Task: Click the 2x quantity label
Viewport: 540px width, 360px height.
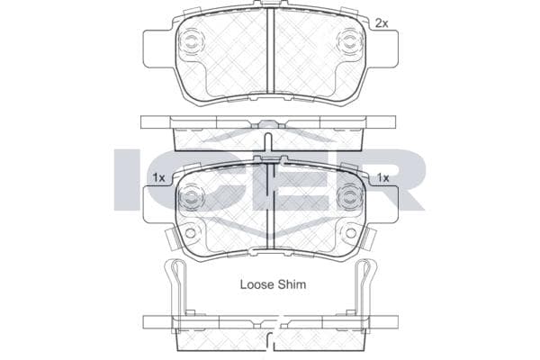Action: [382, 23]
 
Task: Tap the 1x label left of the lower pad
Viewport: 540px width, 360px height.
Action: [158, 178]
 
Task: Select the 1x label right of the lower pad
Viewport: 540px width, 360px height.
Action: [382, 178]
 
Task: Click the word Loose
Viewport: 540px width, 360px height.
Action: [254, 284]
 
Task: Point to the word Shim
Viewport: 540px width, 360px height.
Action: [292, 284]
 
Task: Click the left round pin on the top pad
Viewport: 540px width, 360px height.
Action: [190, 42]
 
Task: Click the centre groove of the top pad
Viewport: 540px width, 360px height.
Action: [270, 50]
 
